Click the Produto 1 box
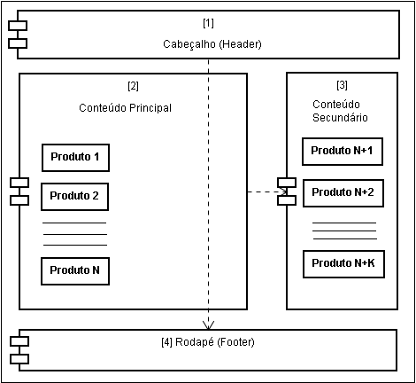75,158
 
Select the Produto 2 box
74,197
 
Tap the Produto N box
75,271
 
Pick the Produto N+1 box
343,152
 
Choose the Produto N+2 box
343,193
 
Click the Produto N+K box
343,264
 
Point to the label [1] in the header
208,23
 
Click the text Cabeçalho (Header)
212,44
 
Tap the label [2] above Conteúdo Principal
133,86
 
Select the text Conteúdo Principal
125,108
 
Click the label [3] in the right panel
342,85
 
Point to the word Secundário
340,118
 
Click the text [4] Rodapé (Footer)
208,342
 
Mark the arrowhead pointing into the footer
208,325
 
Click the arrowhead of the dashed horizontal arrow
284,192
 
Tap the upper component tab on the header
18,26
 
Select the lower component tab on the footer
19,359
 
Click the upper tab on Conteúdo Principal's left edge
19,183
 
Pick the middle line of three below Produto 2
75,235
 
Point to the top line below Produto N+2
344,223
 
